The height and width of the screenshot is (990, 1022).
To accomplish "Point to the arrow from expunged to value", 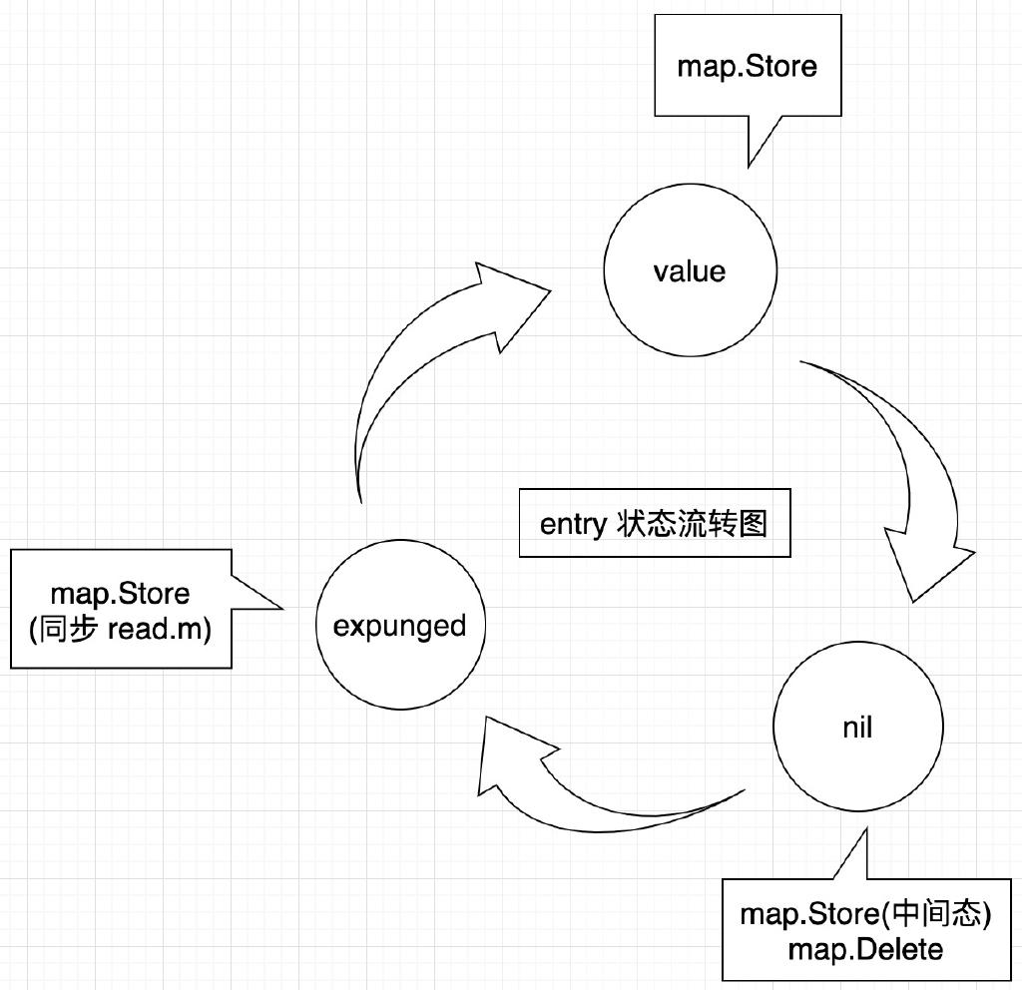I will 399,369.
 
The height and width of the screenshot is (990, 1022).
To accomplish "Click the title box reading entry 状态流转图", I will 655,523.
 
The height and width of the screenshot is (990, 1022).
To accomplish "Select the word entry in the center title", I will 571,524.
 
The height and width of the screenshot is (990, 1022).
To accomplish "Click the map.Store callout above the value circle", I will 747,67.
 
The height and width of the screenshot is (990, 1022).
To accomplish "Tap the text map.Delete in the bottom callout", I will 865,948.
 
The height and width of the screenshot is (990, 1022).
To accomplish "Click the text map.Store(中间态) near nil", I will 865,914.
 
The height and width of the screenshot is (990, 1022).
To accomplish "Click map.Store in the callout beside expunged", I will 121,594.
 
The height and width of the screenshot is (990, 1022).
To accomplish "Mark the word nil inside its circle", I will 857,728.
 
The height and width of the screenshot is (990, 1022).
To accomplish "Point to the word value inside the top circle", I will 689,271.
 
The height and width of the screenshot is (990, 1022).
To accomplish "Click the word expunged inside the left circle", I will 399,627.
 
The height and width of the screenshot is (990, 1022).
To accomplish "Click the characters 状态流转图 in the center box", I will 688,523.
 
